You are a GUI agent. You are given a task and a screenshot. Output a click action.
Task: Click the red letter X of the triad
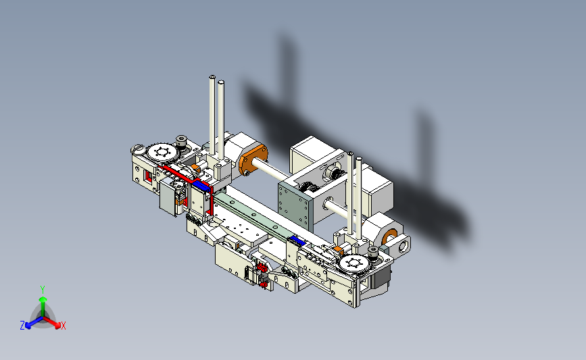pos(63,326)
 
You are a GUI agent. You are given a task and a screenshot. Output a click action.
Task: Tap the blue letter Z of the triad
pos(22,326)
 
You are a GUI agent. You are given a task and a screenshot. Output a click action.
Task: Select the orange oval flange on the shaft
pos(253,160)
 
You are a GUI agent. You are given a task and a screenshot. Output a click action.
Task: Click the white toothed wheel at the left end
pos(162,153)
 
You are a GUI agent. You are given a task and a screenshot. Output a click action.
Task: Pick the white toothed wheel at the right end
pos(354,263)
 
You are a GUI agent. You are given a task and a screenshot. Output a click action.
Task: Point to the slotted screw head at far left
pos(137,150)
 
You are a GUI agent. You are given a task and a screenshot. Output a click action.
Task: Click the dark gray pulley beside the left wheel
pos(181,142)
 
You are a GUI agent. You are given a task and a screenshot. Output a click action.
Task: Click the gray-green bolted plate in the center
pos(293,205)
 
